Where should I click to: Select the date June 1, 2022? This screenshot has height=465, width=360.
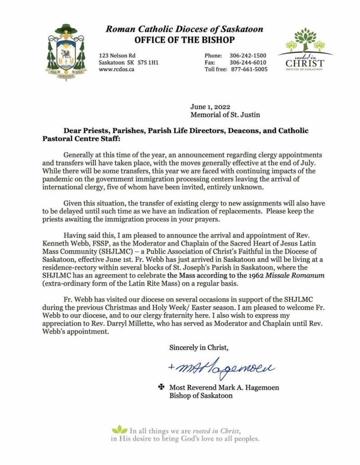(207, 106)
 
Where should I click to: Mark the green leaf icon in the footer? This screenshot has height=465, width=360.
(120, 430)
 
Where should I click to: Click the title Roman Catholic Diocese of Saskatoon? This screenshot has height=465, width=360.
(184, 30)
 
